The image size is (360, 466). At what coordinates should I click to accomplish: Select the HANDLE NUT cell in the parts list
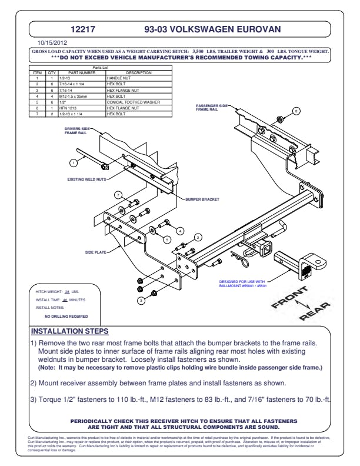point(120,78)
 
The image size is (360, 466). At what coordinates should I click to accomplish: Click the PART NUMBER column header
point(81,73)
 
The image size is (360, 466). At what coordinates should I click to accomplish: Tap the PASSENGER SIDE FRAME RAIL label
point(210,106)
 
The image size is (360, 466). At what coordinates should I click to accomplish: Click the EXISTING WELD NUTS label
point(86,179)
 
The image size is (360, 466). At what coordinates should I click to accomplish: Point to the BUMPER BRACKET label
point(202,199)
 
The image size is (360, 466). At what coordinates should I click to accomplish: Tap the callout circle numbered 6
point(296,111)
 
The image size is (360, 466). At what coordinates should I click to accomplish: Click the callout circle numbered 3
point(141,301)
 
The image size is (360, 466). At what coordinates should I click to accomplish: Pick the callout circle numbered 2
point(198,237)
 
